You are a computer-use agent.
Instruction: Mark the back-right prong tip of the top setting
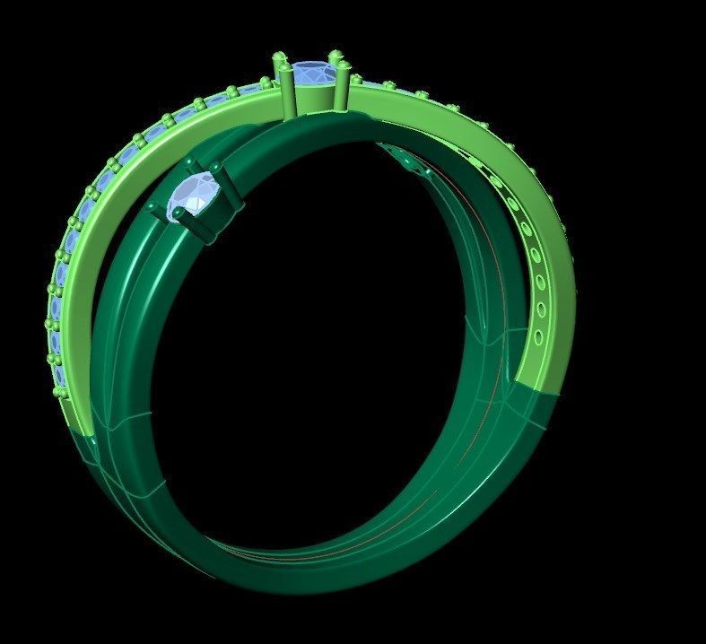click(x=336, y=56)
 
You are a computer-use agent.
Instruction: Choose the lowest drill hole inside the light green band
click(x=537, y=338)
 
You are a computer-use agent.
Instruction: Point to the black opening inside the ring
click(x=332, y=341)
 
